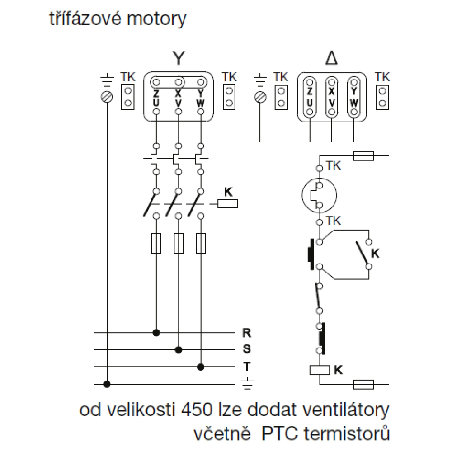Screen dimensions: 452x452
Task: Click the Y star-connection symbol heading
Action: [179, 59]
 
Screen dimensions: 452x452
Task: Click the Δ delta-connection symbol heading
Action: [332, 59]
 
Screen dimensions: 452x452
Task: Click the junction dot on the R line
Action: [156, 333]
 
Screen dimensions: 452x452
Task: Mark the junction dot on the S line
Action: [179, 349]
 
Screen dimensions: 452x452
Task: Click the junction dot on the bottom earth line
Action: [107, 384]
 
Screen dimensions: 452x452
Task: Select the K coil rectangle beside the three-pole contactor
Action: [228, 204]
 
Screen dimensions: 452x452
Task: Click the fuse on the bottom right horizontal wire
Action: [363, 385]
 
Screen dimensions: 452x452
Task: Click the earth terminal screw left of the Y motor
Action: [107, 96]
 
